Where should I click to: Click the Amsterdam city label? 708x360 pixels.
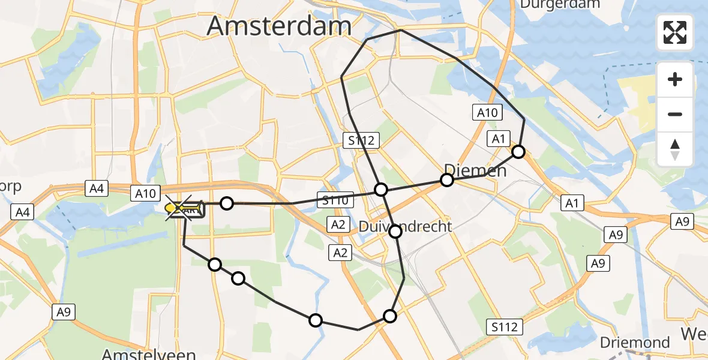[279, 26]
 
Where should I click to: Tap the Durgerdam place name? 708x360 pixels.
[560, 4]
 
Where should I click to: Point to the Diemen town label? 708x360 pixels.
[476, 170]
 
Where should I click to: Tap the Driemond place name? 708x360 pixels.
[635, 343]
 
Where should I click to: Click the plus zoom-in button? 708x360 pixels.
[675, 79]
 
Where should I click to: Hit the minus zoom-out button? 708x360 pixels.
[675, 114]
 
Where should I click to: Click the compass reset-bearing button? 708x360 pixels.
[675, 149]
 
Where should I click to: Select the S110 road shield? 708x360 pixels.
[335, 201]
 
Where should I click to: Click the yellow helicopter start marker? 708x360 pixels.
[172, 208]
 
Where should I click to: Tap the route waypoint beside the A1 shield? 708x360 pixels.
[518, 152]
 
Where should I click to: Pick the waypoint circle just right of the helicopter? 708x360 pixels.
[226, 203]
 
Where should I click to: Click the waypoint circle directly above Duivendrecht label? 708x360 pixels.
[381, 190]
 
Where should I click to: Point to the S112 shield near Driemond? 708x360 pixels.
[504, 326]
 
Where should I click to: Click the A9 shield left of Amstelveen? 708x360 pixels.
[64, 311]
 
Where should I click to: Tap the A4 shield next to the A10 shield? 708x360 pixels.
[97, 189]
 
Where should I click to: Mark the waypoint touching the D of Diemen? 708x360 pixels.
[446, 179]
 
